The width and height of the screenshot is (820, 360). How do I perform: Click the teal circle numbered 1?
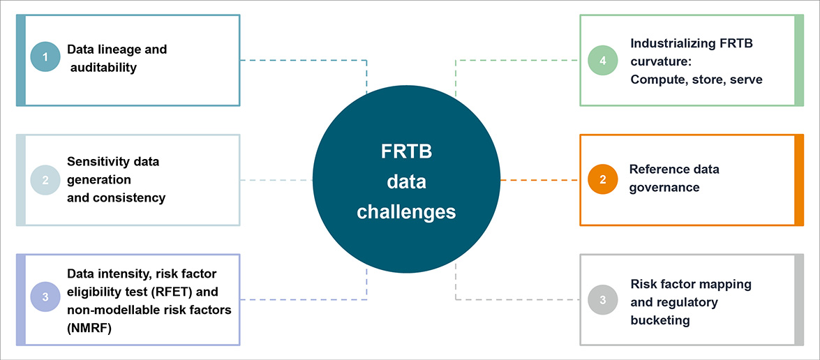pyautogui.click(x=45, y=57)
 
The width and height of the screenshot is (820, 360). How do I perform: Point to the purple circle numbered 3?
pyautogui.click(x=45, y=297)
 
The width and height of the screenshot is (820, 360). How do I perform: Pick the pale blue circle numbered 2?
pyautogui.click(x=45, y=179)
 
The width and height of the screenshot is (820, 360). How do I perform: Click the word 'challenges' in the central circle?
pyautogui.click(x=406, y=211)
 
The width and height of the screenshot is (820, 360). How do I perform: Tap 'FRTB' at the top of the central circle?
pyautogui.click(x=406, y=151)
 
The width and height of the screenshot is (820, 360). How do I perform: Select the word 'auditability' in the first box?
pyautogui.click(x=103, y=68)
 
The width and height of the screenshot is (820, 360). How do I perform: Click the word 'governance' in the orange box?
pyautogui.click(x=664, y=187)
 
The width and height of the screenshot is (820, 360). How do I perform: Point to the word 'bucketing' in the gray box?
pyautogui.click(x=660, y=320)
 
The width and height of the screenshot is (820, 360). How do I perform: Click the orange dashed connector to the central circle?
pyautogui.click(x=539, y=180)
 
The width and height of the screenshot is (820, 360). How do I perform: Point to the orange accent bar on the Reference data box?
pyautogui.click(x=798, y=180)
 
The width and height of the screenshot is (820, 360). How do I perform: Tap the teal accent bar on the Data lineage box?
pyautogui.click(x=21, y=60)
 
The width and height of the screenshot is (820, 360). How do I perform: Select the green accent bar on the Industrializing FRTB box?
pyautogui.click(x=798, y=60)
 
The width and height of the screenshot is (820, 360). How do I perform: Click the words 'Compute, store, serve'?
pyautogui.click(x=696, y=80)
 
